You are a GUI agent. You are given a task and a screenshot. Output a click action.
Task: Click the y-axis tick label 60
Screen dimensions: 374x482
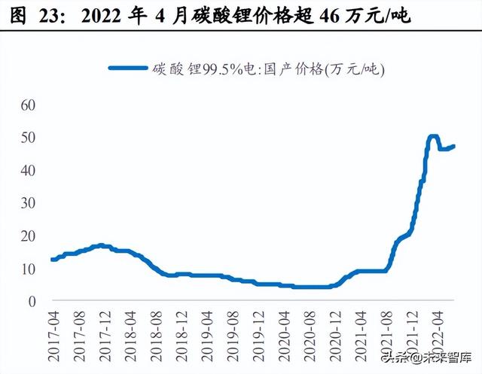tap(27, 105)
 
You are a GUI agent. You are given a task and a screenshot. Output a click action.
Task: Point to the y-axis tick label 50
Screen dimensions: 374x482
tap(27, 138)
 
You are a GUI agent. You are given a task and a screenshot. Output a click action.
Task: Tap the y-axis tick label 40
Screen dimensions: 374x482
tap(27, 171)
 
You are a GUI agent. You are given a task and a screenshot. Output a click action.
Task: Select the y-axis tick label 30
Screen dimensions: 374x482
tap(27, 203)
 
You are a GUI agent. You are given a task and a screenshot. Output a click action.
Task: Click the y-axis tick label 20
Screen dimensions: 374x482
tap(27, 236)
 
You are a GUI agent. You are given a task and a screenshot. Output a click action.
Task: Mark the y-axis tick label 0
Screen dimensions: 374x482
tap(31, 302)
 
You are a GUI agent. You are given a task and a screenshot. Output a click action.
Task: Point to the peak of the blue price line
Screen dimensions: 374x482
tap(433, 137)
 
